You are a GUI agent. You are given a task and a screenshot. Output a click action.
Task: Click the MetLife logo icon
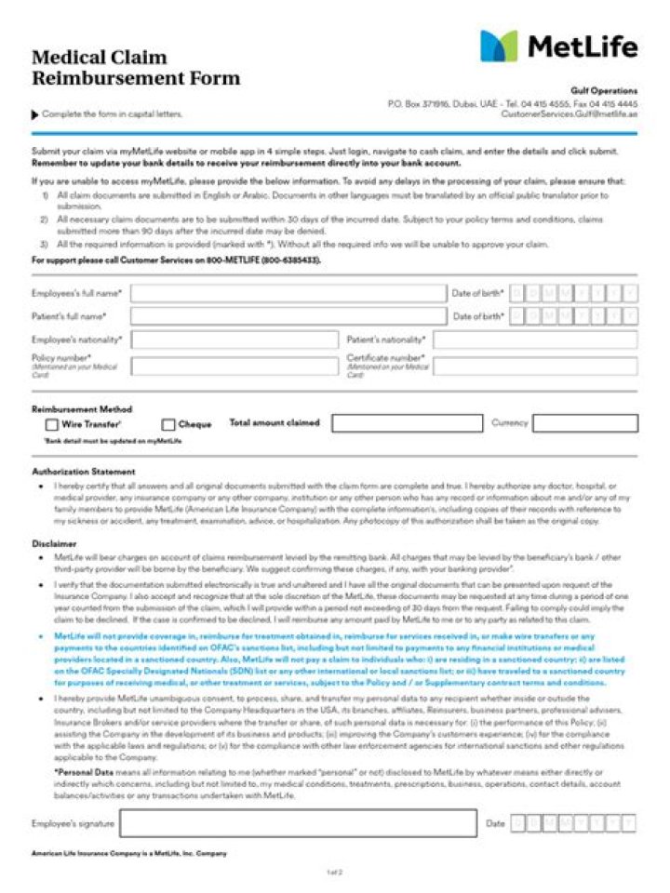499,46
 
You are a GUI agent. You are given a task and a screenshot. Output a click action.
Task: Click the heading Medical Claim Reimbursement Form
136,68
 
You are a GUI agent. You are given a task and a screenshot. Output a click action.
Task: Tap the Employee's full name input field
288,293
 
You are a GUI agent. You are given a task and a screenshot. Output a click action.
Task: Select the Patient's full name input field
288,316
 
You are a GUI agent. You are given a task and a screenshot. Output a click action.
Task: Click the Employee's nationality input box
234,340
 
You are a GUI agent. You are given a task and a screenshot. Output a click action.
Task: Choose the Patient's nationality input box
535,340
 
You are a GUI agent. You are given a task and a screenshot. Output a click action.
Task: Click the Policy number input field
234,366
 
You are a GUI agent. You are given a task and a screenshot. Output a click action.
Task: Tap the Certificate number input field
535,366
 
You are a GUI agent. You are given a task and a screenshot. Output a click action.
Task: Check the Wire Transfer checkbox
52,424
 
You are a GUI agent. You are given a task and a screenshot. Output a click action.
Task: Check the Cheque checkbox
168,424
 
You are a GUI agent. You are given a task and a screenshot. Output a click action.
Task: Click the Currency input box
585,423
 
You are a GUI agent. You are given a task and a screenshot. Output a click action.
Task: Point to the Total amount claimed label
275,423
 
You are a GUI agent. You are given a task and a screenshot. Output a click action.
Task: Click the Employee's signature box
298,823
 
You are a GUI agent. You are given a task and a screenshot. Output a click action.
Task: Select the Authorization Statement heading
83,472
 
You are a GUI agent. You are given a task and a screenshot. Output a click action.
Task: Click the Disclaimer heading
54,543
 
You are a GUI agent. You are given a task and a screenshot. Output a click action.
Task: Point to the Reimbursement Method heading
82,409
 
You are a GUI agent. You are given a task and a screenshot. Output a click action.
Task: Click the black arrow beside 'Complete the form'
35,114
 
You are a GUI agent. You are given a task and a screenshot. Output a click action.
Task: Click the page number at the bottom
335,873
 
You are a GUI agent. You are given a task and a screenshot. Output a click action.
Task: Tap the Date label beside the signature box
495,823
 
